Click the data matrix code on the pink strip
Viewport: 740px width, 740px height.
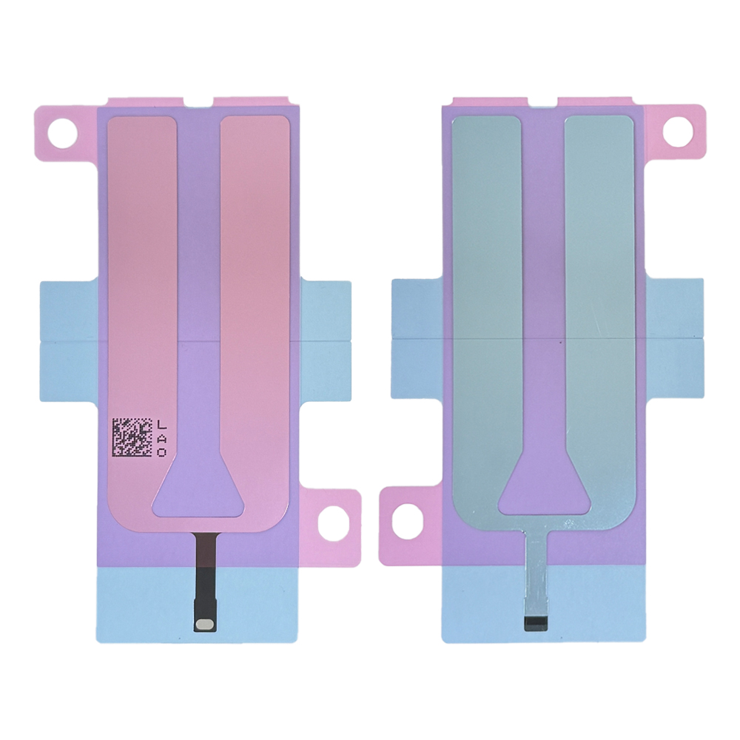pos(132,437)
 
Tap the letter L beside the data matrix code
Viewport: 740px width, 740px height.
pos(161,425)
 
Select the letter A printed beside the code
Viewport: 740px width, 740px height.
pos(161,438)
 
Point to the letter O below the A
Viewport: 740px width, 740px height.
pos(161,452)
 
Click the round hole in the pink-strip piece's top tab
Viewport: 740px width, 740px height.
pos(63,131)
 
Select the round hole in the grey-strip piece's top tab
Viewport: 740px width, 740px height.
pos(677,131)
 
